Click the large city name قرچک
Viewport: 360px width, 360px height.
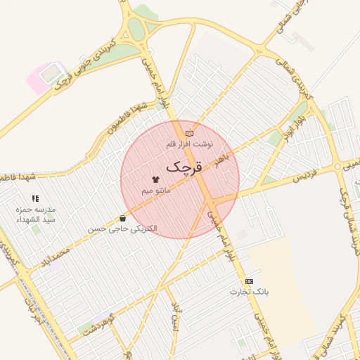(185, 168)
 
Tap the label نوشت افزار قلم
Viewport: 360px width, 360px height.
(188, 144)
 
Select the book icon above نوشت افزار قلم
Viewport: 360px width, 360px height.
(188, 133)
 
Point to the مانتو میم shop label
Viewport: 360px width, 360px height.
(155, 191)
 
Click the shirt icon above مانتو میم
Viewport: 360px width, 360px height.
(155, 180)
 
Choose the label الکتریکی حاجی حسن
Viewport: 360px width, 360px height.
(123, 229)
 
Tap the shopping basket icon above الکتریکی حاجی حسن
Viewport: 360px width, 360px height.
(124, 219)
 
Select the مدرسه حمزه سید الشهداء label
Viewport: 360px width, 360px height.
(36, 214)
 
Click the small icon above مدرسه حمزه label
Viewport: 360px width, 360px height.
(36, 199)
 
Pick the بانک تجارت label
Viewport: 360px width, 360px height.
(250, 291)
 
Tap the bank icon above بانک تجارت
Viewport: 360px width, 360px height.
(250, 281)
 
